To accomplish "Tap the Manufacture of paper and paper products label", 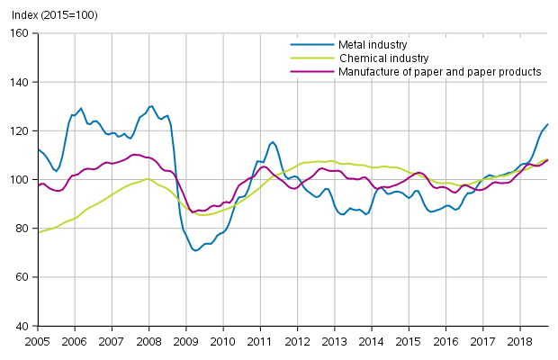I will pyautogui.click(x=439, y=71).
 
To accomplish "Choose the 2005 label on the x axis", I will pyautogui.click(x=38, y=342).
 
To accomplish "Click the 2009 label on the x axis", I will pyautogui.click(x=185, y=342).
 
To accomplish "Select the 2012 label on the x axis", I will pyautogui.click(x=297, y=342).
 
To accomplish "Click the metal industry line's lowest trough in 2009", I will pyautogui.click(x=195, y=250).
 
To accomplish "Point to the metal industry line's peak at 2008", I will pyautogui.click(x=151, y=106).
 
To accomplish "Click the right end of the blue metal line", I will pyautogui.click(x=548, y=124).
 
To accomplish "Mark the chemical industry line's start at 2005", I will pyautogui.click(x=39, y=232).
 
